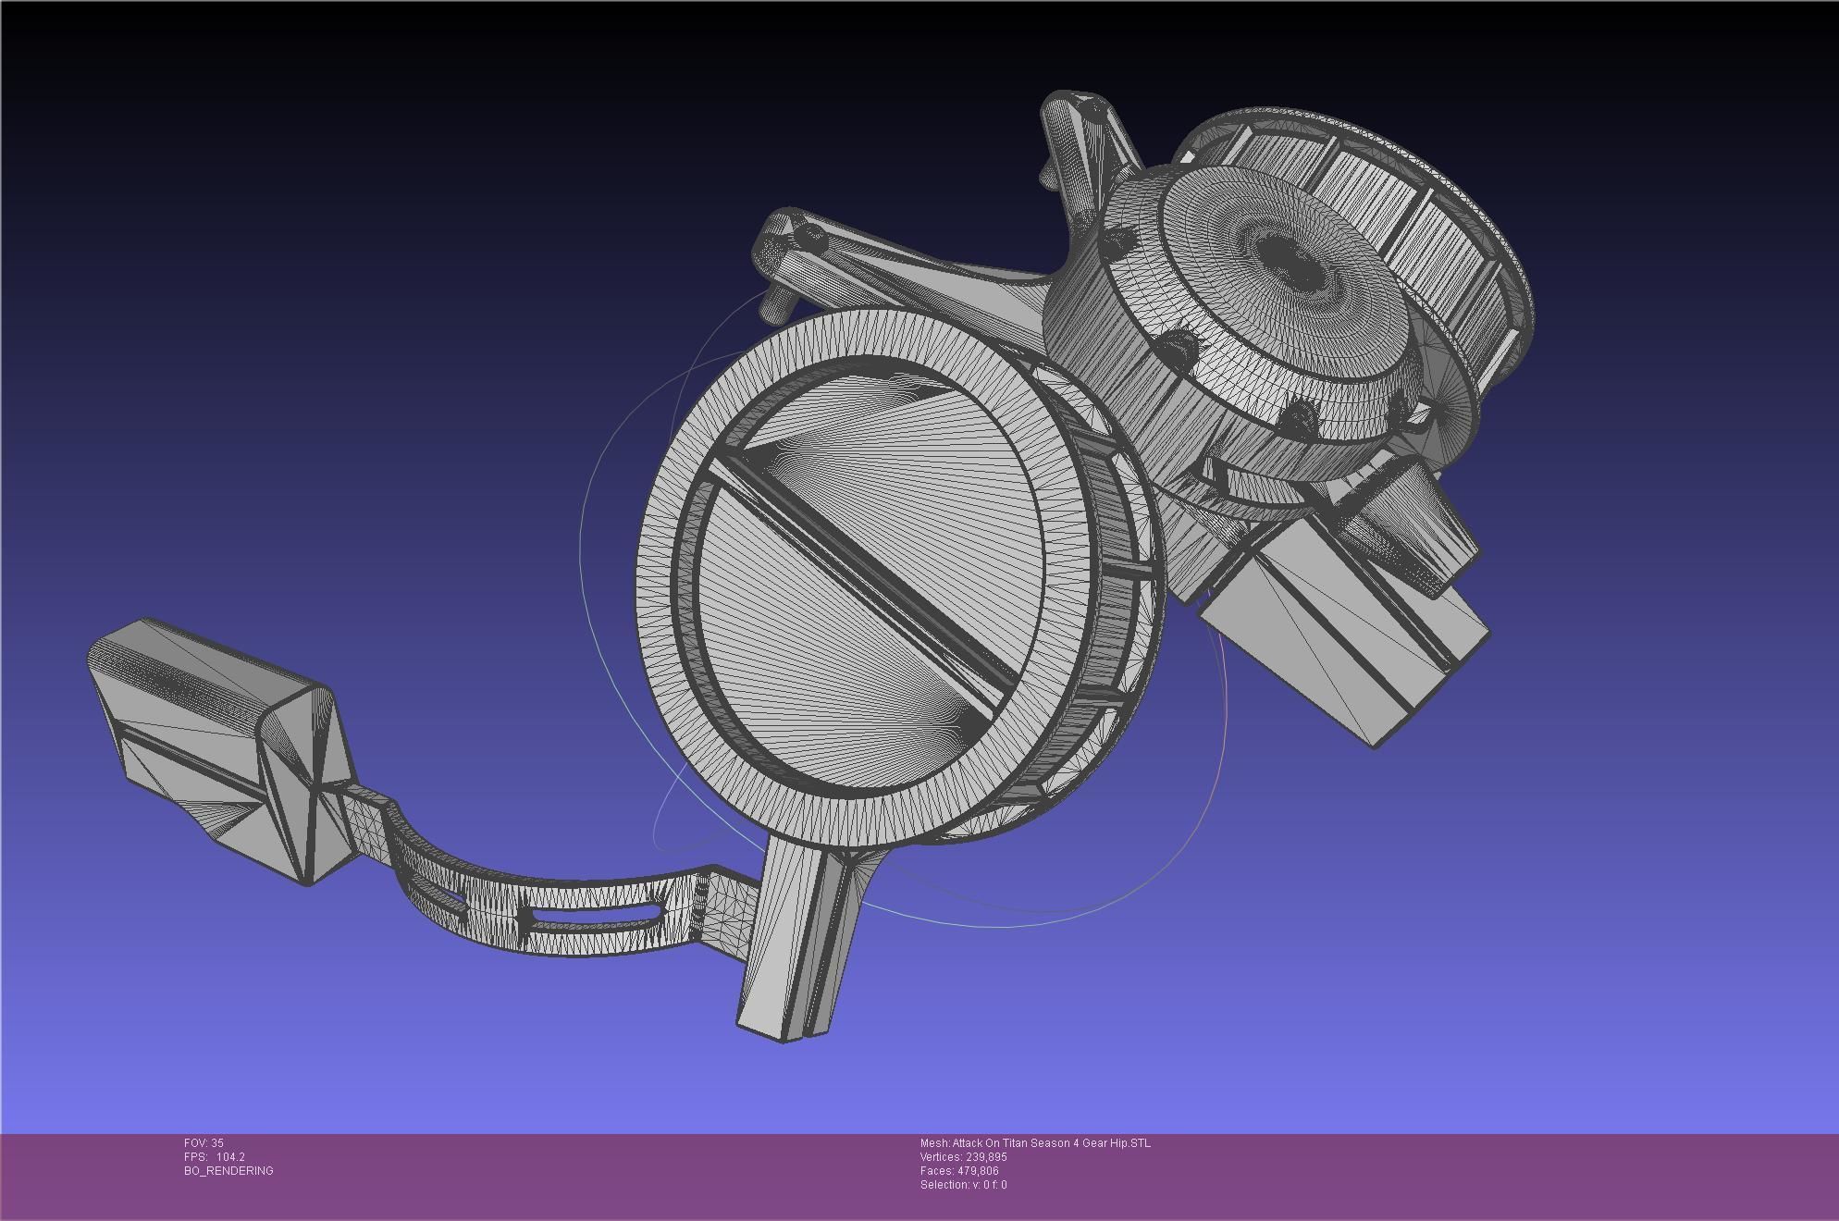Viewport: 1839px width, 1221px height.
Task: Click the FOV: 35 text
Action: point(204,1143)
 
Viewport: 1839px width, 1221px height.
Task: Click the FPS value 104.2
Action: point(230,1157)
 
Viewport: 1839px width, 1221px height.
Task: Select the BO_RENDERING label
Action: point(228,1171)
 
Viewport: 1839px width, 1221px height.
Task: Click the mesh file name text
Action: point(1035,1143)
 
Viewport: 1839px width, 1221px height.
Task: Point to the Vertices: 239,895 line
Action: point(963,1157)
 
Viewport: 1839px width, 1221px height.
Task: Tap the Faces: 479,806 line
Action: point(959,1171)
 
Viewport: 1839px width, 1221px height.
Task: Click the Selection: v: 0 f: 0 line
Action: point(963,1185)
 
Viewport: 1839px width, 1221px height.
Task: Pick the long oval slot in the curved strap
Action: point(592,919)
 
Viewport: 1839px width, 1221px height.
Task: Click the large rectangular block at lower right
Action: point(1341,638)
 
